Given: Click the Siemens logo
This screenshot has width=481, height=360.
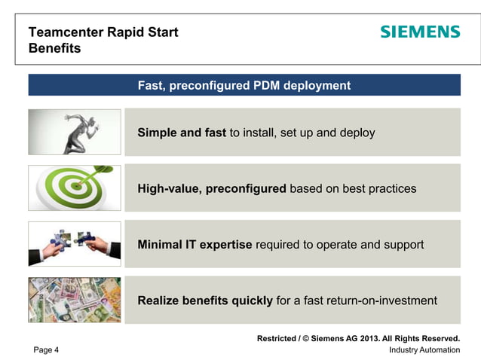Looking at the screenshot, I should coord(419,32).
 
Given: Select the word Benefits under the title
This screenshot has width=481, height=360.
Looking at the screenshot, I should coord(54,49).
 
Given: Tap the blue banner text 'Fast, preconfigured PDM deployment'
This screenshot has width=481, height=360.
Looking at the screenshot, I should coord(244,86).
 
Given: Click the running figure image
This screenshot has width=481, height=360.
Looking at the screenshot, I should coord(75,132).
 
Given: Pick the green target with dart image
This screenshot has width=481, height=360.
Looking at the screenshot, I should coord(75,188).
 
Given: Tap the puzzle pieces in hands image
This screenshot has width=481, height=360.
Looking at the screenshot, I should coord(75,244).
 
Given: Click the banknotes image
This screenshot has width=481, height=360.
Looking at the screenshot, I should coord(75,300).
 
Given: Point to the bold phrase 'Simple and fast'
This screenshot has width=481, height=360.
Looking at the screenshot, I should coord(182,133).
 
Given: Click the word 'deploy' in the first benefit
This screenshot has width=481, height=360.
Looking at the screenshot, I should coord(357,133).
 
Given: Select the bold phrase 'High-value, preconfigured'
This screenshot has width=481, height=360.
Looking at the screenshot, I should coord(211,188).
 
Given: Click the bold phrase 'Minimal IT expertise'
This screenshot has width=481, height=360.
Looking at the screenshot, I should coord(195,245).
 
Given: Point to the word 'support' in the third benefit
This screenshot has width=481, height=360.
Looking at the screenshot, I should coord(403,245).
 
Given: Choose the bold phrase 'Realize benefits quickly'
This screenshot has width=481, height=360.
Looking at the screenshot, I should coord(205,301).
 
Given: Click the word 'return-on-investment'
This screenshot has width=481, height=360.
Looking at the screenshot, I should coord(381,301).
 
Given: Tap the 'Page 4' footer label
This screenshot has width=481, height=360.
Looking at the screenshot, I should coord(46,350).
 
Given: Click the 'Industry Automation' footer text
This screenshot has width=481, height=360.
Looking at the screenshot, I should coord(424,350).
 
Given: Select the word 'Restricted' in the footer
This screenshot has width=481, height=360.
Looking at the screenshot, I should coord(277,338).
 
